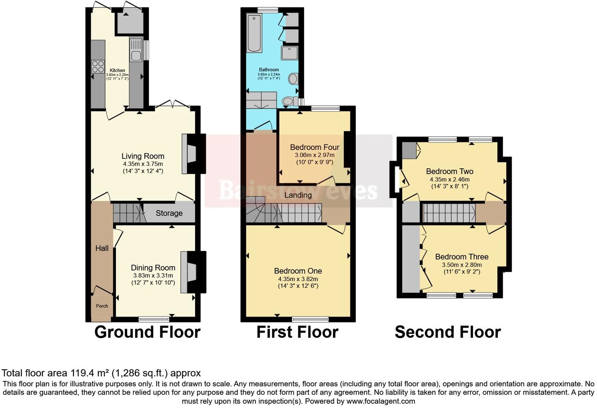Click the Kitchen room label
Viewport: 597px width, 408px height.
pyautogui.click(x=117, y=71)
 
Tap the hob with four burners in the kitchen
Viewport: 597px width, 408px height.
pyautogui.click(x=98, y=66)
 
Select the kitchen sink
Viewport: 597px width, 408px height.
pyautogui.click(x=136, y=55)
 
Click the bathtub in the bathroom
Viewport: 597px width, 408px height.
pyautogui.click(x=254, y=33)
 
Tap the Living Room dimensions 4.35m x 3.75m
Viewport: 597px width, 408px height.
pyautogui.click(x=143, y=164)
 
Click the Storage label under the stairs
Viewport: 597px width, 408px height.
pyautogui.click(x=169, y=213)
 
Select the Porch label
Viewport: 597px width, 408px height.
pyautogui.click(x=102, y=306)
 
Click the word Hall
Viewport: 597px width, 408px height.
pyautogui.click(x=102, y=248)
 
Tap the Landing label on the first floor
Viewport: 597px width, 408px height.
pyautogui.click(x=298, y=195)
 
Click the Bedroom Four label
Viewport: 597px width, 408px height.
pyautogui.click(x=314, y=147)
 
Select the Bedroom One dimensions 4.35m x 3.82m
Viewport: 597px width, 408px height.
pyautogui.click(x=298, y=279)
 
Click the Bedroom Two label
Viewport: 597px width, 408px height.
pyautogui.click(x=449, y=171)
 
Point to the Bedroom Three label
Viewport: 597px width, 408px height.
pyautogui.click(x=461, y=257)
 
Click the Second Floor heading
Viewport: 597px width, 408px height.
pyautogui.click(x=447, y=332)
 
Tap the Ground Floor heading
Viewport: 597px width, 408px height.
pyautogui.click(x=147, y=332)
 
